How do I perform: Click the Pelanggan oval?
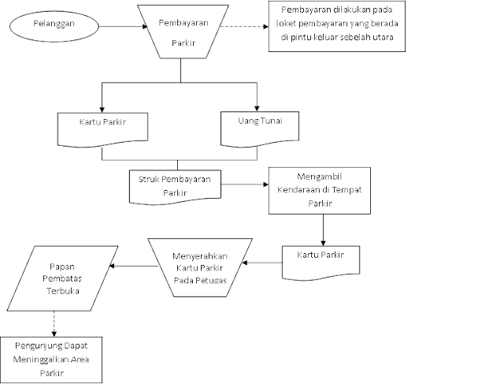tap(54, 25)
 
